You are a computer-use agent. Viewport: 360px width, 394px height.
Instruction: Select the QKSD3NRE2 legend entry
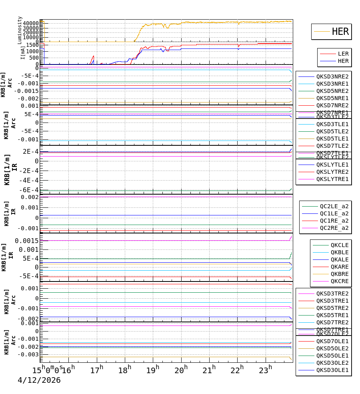click(x=332, y=76)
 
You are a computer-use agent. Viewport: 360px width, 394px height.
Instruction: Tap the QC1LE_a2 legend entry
click(x=334, y=213)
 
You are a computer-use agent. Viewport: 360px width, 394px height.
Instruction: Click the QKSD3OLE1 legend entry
click(x=332, y=370)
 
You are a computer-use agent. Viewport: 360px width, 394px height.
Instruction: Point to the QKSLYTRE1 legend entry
click(x=332, y=179)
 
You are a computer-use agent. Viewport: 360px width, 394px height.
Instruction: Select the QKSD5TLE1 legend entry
click(x=332, y=139)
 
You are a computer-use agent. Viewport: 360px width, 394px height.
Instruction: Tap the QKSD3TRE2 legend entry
click(x=332, y=293)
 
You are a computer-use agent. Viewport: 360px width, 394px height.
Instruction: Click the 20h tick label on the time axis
click(x=181, y=370)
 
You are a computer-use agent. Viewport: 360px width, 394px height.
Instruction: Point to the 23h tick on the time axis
click(x=266, y=370)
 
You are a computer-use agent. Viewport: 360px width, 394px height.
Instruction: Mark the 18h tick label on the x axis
click(x=125, y=370)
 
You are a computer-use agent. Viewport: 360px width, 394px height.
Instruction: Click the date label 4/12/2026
click(x=39, y=380)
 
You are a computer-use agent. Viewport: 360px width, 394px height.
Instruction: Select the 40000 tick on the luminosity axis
click(x=31, y=23)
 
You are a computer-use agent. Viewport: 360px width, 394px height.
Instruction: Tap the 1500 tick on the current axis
click(x=32, y=45)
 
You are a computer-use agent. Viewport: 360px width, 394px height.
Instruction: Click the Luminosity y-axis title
click(x=20, y=30)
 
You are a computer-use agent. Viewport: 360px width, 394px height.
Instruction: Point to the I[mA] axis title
click(x=23, y=53)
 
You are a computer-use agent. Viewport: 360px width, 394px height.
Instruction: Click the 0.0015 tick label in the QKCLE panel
click(x=27, y=240)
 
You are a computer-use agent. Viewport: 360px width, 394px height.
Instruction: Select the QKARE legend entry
click(x=339, y=267)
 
